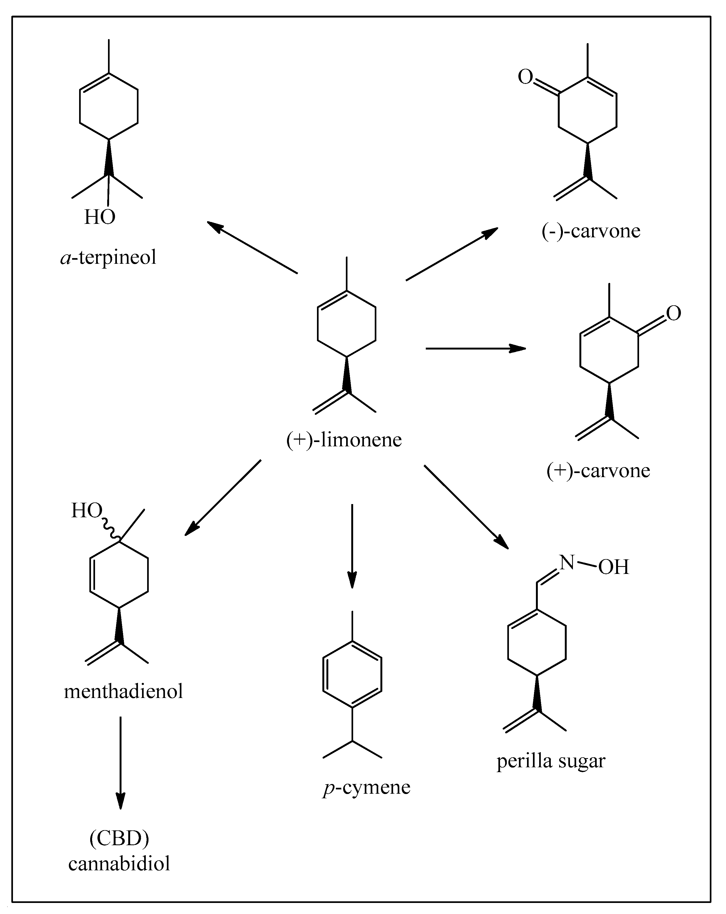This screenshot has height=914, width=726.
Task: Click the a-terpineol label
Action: [109, 257]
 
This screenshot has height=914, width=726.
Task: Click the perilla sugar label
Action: [551, 761]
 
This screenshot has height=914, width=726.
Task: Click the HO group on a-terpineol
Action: [100, 217]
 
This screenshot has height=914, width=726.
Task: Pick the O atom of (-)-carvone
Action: [525, 77]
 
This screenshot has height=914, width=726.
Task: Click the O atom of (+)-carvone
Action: [673, 313]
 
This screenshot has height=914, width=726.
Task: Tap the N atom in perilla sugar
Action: [567, 563]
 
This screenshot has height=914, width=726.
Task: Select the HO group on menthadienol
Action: [87, 511]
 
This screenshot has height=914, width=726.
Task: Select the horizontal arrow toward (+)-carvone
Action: [475, 348]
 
